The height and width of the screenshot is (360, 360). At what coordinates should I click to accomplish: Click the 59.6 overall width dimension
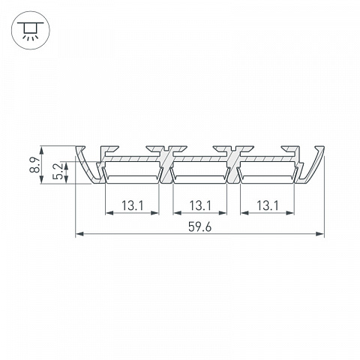pos(199,227)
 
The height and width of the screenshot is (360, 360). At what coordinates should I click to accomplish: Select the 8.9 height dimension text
pos(34,165)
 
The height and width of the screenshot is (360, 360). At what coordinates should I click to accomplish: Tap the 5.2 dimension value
pos(58,172)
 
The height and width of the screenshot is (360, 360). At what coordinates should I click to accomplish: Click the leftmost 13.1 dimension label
pos(133,205)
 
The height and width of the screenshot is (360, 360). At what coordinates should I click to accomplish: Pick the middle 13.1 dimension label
pos(200,205)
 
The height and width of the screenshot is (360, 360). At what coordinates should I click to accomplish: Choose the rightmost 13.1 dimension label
pos(268,205)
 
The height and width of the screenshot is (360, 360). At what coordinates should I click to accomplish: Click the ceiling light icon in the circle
pos(31,30)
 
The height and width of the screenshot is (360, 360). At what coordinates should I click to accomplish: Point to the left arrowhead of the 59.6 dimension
pos(79,234)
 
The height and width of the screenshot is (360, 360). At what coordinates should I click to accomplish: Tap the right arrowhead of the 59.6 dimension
pos(320,234)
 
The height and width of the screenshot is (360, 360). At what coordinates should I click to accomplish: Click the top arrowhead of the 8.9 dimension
pos(41,151)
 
